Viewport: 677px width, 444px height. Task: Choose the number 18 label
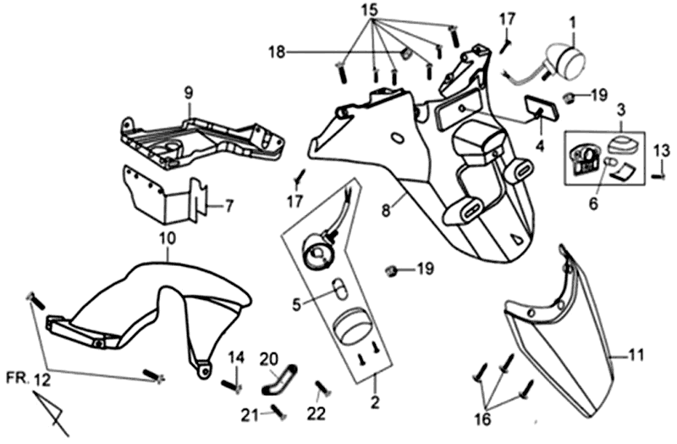point(278,53)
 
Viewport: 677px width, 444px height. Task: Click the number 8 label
point(385,208)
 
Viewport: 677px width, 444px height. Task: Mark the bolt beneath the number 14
point(232,386)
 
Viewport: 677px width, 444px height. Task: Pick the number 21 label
point(248,413)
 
